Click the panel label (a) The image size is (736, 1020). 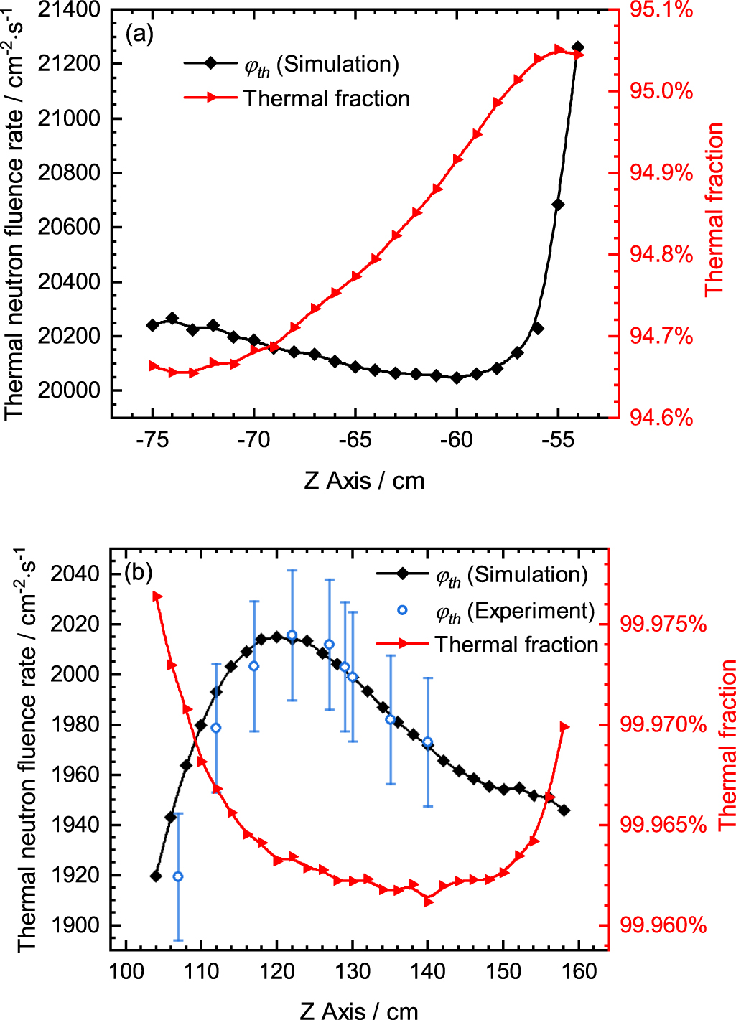pyautogui.click(x=139, y=33)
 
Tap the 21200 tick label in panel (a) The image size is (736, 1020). pyautogui.click(x=69, y=64)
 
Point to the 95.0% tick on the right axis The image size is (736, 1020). pyautogui.click(x=661, y=91)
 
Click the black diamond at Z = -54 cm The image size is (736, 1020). pyautogui.click(x=577, y=47)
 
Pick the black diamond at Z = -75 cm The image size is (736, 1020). pyautogui.click(x=152, y=325)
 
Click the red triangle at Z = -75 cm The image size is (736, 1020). pyautogui.click(x=153, y=366)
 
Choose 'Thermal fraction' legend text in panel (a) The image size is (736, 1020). pyautogui.click(x=326, y=98)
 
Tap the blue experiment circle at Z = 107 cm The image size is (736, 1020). pyautogui.click(x=178, y=876)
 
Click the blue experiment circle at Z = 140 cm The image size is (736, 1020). pyautogui.click(x=428, y=742)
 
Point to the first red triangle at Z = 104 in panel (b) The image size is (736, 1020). pyautogui.click(x=157, y=596)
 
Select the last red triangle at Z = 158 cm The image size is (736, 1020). pyautogui.click(x=564, y=727)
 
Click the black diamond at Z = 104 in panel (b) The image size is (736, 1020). pyautogui.click(x=156, y=876)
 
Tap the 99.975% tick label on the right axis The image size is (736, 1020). pyautogui.click(x=663, y=624)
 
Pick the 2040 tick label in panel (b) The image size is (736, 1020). pyautogui.click(x=75, y=574)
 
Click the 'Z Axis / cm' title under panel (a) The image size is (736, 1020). pyautogui.click(x=364, y=480)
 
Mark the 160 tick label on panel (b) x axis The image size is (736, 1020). pyautogui.click(x=579, y=972)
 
